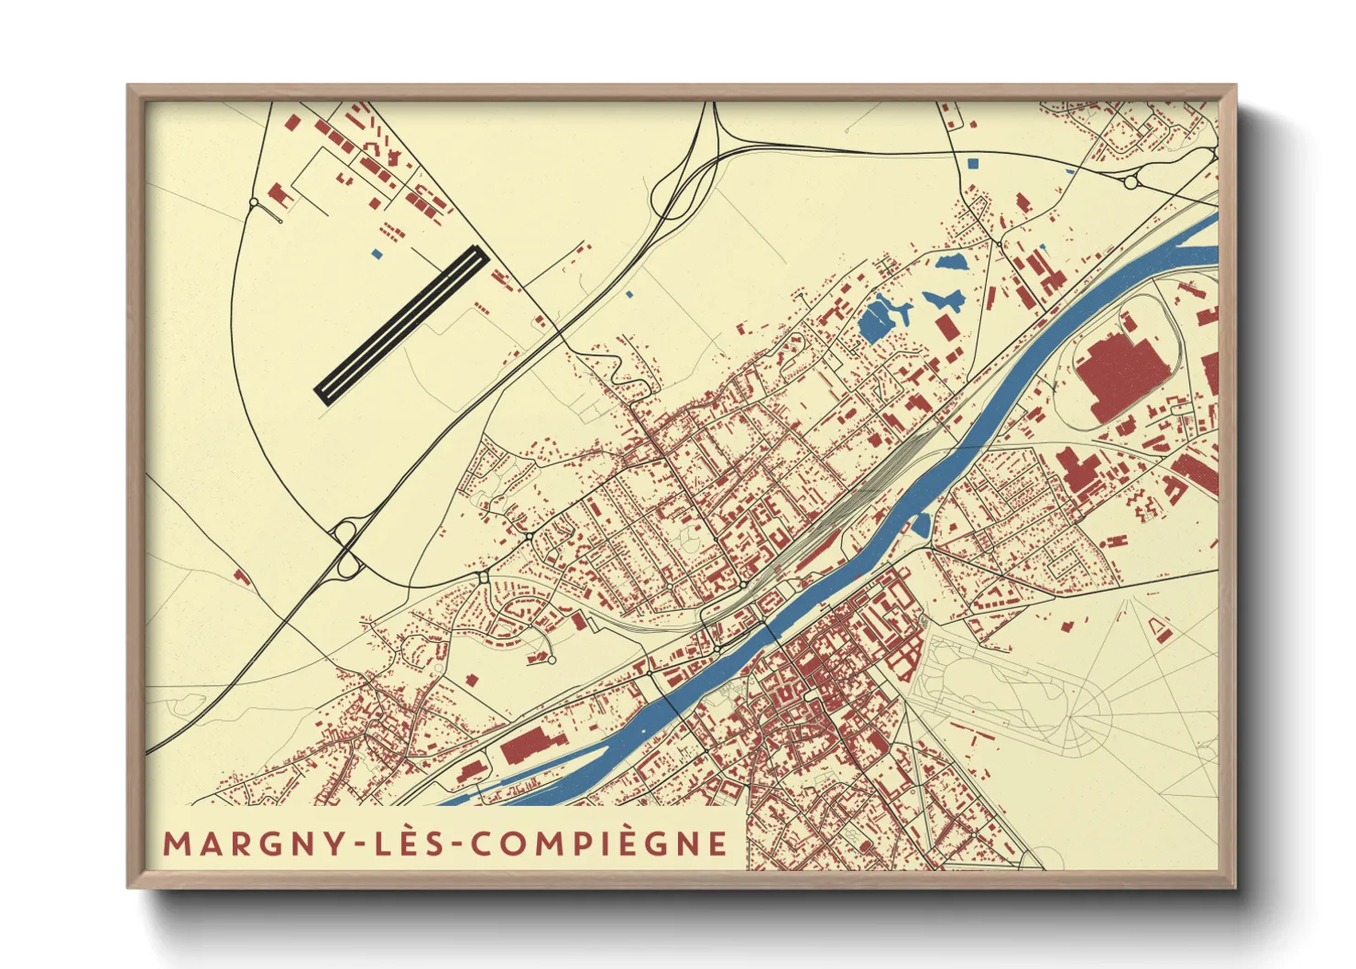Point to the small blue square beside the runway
375,255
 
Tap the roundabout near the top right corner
1131,183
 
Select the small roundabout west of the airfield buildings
255,202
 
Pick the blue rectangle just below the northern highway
972,163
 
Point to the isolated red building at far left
242,576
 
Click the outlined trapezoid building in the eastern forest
1158,628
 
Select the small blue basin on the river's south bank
921,525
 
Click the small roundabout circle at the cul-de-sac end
551,659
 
